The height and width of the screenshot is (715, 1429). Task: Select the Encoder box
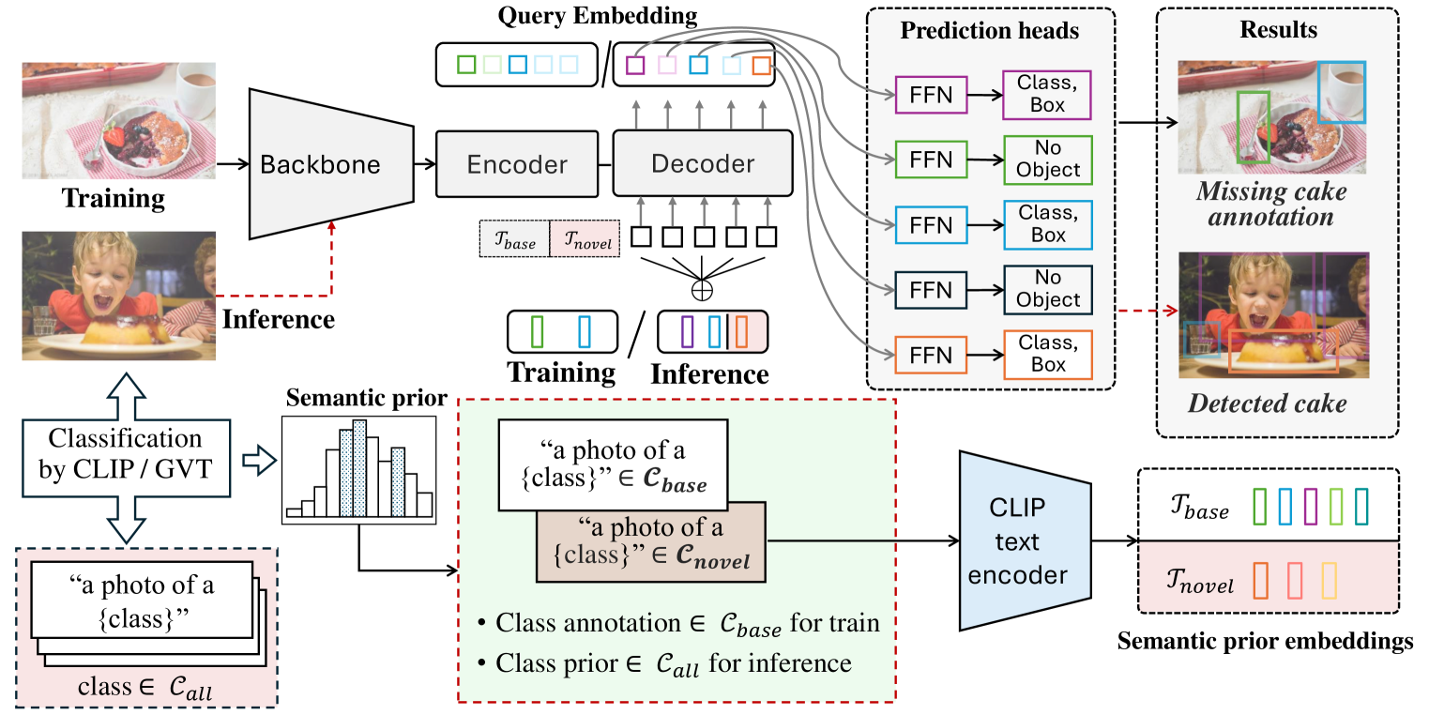(x=517, y=165)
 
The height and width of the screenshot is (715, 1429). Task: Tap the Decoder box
(x=703, y=163)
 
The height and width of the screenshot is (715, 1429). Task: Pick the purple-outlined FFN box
(x=930, y=96)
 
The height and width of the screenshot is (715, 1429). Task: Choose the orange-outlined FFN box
(x=930, y=356)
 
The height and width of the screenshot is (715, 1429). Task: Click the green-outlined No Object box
(x=1048, y=160)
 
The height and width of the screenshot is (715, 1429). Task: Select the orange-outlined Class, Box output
(x=1048, y=356)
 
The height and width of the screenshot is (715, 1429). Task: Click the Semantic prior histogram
(x=359, y=469)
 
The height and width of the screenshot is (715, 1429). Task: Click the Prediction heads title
(x=990, y=31)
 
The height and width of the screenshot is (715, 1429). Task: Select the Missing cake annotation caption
(x=1270, y=205)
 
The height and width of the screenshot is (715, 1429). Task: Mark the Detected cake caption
(x=1267, y=404)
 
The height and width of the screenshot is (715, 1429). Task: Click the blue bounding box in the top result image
(x=1341, y=92)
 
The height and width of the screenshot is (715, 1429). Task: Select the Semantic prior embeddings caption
(x=1265, y=642)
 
